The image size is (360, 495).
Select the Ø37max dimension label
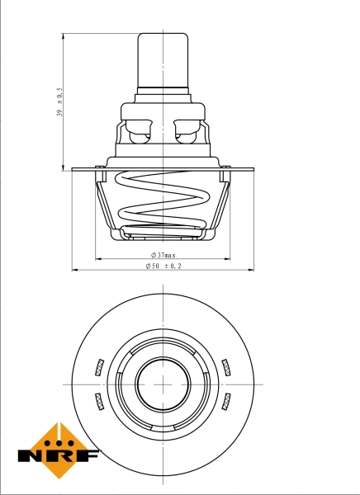pyautogui.click(x=163, y=256)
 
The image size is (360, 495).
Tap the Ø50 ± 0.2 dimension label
pyautogui.click(x=163, y=266)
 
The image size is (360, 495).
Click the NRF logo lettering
pyautogui.click(x=59, y=455)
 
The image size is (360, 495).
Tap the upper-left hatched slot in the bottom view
pyautogui.click(x=98, y=366)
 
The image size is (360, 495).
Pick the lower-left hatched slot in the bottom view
pyautogui.click(x=98, y=402)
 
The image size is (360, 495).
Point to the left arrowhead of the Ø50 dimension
pyautogui.click(x=75, y=270)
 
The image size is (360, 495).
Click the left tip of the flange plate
pyautogui.click(x=73, y=170)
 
